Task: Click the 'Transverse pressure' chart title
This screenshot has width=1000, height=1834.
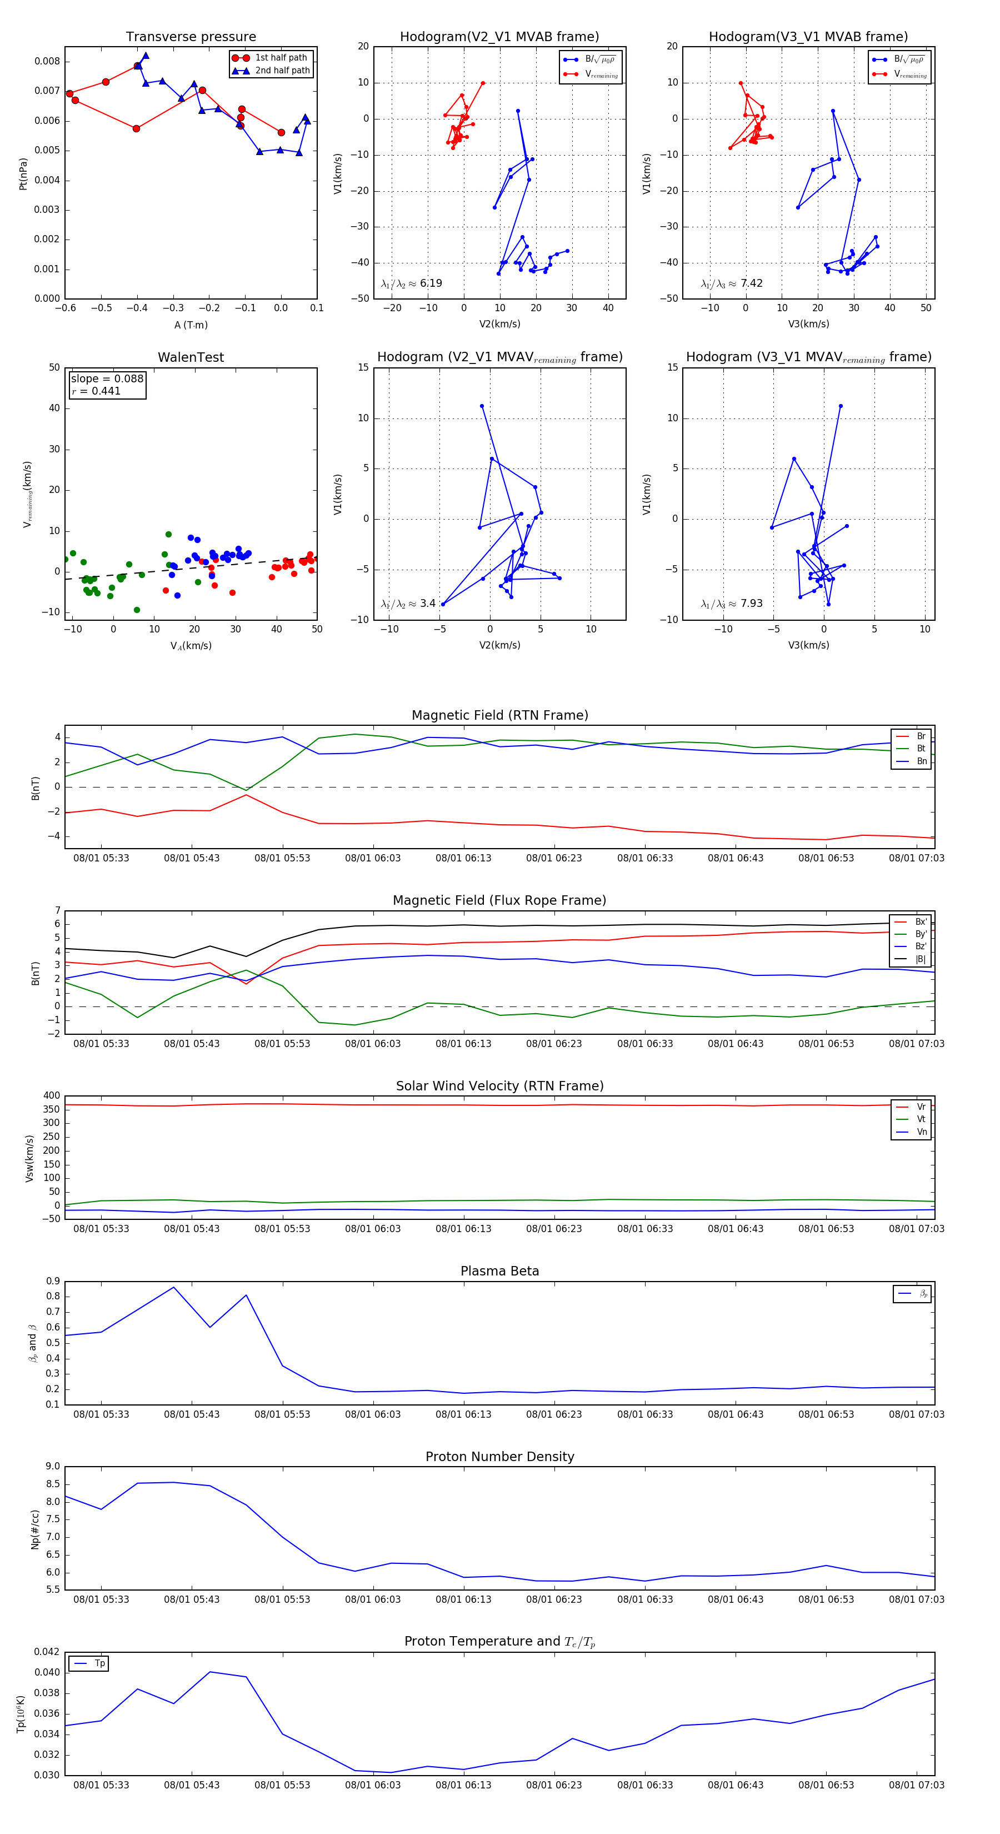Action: tap(191, 37)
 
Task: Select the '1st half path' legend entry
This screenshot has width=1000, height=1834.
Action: tap(281, 58)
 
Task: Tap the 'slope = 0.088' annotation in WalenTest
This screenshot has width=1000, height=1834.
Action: tap(107, 379)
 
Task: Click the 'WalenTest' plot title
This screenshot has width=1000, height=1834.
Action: tap(191, 357)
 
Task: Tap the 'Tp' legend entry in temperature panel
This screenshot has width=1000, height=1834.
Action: tap(99, 1664)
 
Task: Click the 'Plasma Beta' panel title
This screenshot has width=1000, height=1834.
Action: tap(499, 1272)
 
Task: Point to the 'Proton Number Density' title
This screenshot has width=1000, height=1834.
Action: tap(499, 1457)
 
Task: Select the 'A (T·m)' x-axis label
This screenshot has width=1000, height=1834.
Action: tap(191, 325)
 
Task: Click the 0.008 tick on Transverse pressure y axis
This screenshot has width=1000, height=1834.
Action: tap(47, 61)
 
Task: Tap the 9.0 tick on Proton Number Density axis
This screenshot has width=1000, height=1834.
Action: tap(53, 1467)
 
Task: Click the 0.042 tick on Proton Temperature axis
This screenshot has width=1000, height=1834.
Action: tap(47, 1652)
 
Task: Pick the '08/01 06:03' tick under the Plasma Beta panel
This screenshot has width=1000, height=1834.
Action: tap(373, 1414)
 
